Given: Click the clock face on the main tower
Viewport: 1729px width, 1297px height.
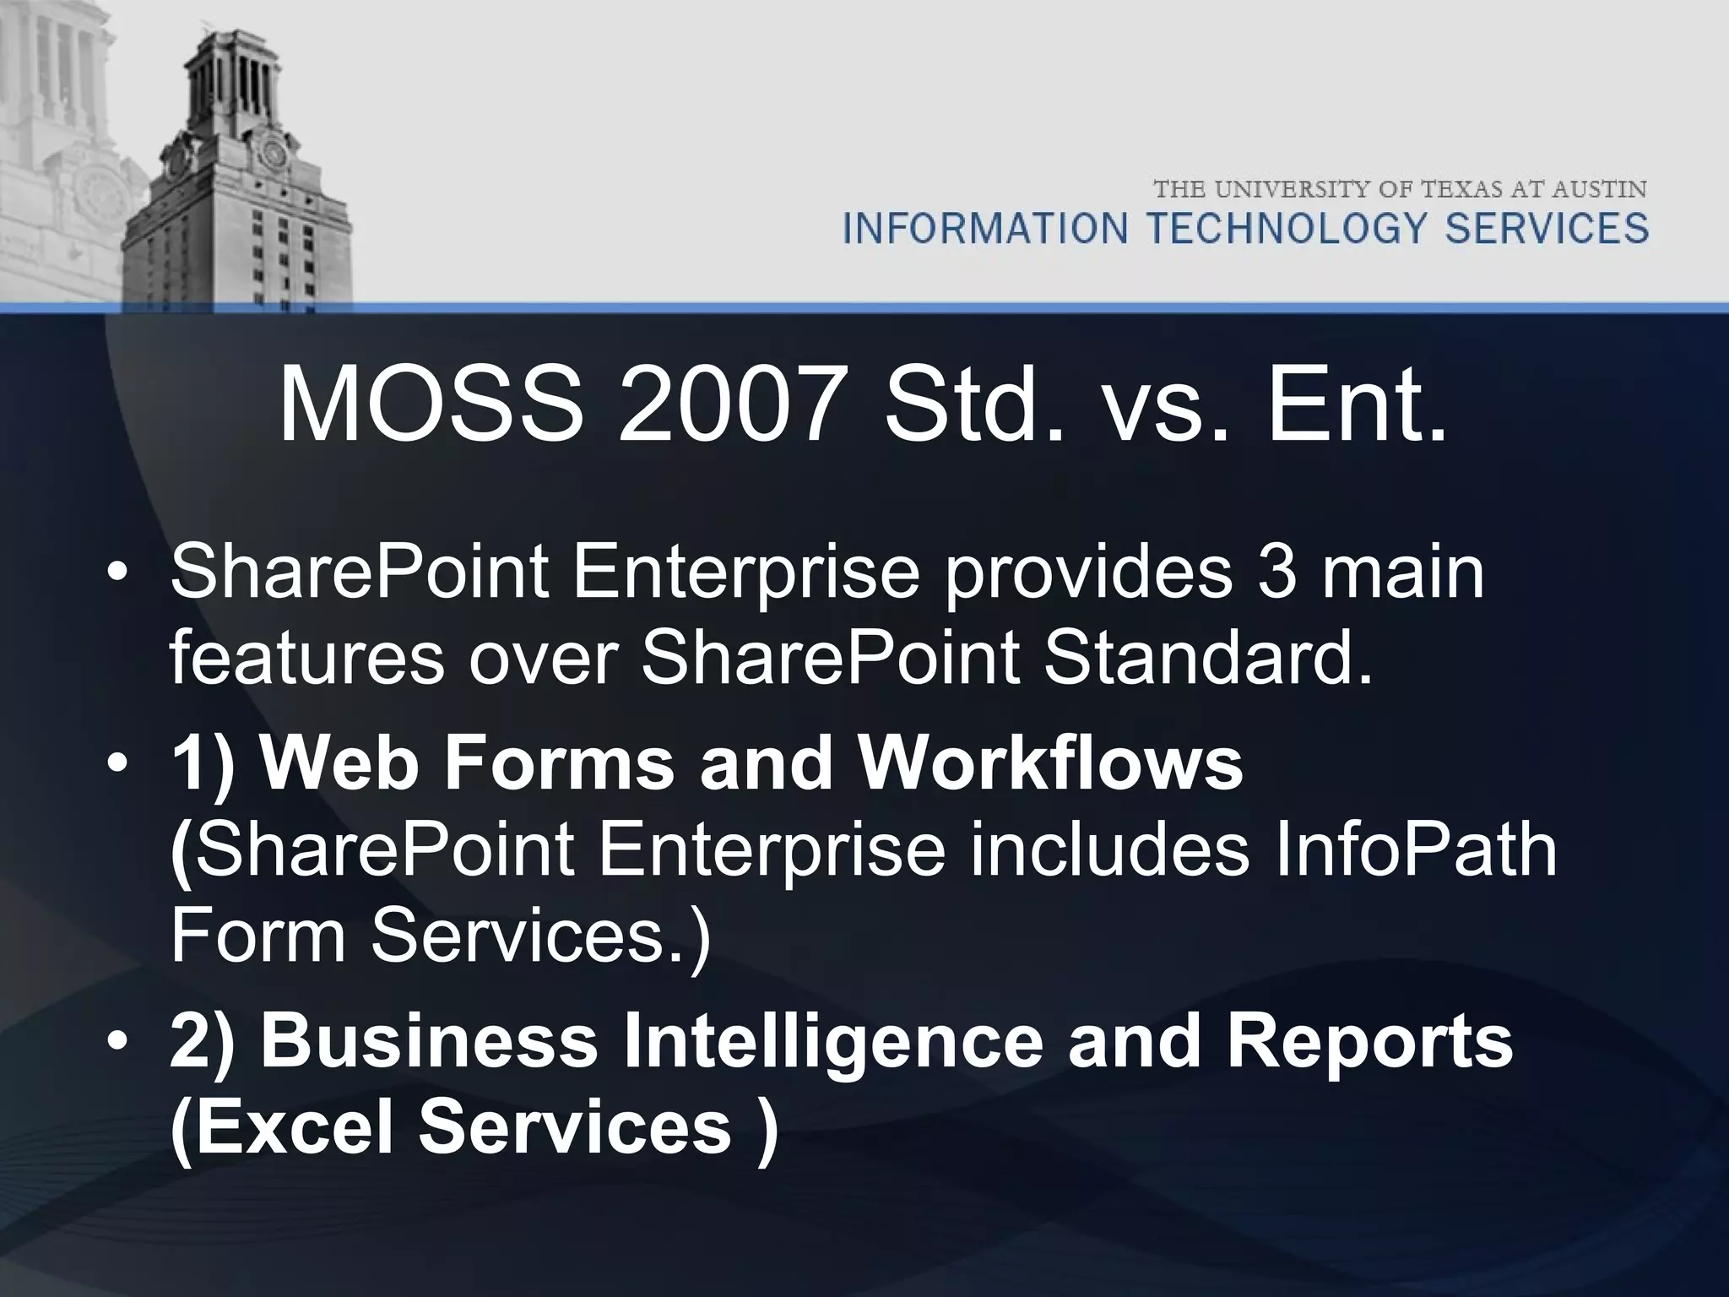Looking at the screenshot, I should click(x=274, y=154).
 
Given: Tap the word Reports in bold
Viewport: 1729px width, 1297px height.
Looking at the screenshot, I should click(x=1369, y=1041).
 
